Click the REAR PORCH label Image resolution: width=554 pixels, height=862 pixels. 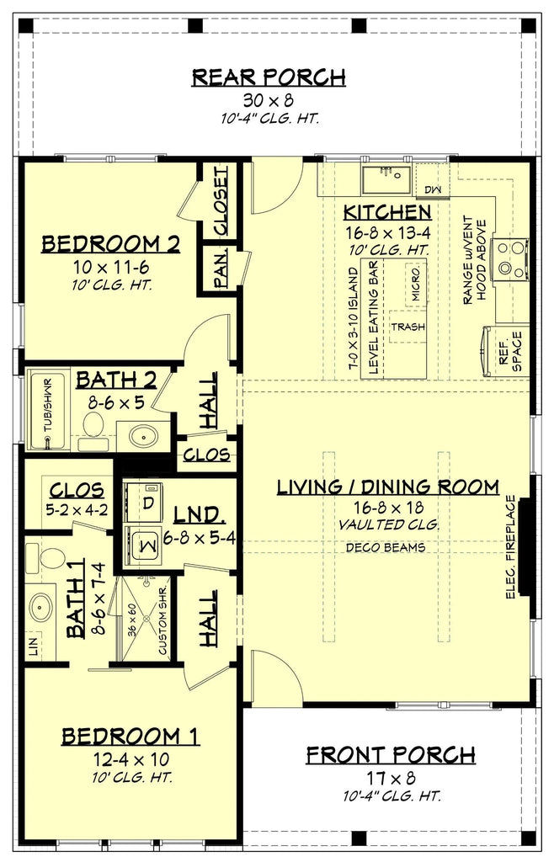(269, 78)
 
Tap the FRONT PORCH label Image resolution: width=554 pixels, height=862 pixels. (390, 754)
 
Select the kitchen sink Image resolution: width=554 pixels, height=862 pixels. (386, 179)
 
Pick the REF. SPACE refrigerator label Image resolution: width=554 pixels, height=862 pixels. (511, 351)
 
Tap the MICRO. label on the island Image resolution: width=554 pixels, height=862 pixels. (414, 285)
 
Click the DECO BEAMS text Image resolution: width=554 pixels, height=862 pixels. (386, 547)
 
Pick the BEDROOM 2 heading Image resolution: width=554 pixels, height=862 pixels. (111, 244)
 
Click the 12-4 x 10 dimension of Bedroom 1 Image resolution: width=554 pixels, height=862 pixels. (130, 759)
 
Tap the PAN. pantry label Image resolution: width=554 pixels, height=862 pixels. (221, 271)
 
